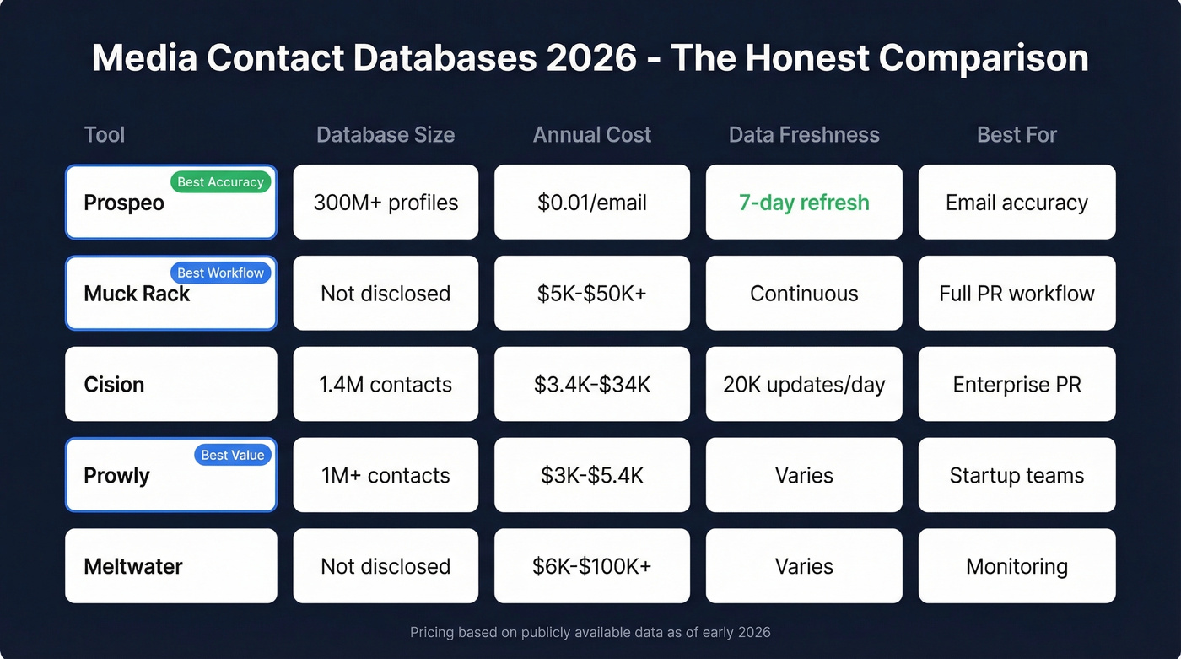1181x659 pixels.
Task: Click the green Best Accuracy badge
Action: pyautogui.click(x=220, y=182)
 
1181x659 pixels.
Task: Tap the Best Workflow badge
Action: pyautogui.click(x=220, y=273)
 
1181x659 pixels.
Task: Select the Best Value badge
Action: pyautogui.click(x=232, y=456)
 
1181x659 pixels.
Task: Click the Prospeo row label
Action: pyautogui.click(x=124, y=203)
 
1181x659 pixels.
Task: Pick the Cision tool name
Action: pyautogui.click(x=114, y=385)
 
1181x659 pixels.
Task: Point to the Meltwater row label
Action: pyautogui.click(x=133, y=566)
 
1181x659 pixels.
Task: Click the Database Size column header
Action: pyautogui.click(x=386, y=135)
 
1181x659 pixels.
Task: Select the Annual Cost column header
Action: pyautogui.click(x=592, y=135)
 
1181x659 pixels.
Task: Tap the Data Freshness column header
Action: pyautogui.click(x=804, y=135)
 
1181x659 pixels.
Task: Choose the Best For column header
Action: pyautogui.click(x=1017, y=135)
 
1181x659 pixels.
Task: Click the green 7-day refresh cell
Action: pyautogui.click(x=804, y=203)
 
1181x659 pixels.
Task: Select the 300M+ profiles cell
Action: pyautogui.click(x=386, y=203)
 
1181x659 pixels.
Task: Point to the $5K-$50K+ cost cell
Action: pyautogui.click(x=592, y=294)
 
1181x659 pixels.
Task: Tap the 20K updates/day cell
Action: pyautogui.click(x=804, y=385)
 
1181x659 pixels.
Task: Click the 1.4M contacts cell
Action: pyautogui.click(x=386, y=385)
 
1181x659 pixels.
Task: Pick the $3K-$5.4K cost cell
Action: pyautogui.click(x=592, y=475)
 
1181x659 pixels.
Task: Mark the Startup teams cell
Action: pyautogui.click(x=1017, y=475)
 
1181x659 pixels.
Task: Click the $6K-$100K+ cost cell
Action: pyautogui.click(x=592, y=566)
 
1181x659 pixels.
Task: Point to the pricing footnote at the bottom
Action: pyautogui.click(x=590, y=632)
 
